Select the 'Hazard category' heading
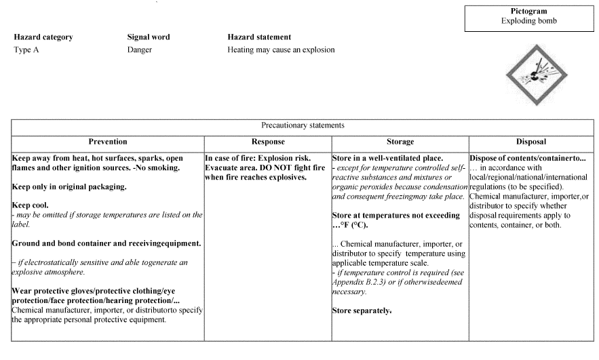[x=43, y=37]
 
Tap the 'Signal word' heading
[x=149, y=37]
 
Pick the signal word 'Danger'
[x=140, y=50]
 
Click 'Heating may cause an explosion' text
[x=281, y=50]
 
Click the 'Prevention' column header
[x=108, y=142]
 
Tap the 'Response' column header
[x=268, y=142]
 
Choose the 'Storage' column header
[x=400, y=142]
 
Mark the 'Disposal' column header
[x=526, y=142]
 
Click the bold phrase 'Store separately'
[x=361, y=311]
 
